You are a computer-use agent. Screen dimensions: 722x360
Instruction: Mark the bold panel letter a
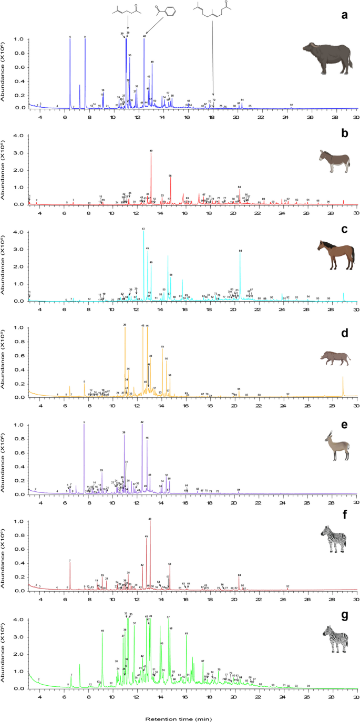pyautogui.click(x=344, y=15)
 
